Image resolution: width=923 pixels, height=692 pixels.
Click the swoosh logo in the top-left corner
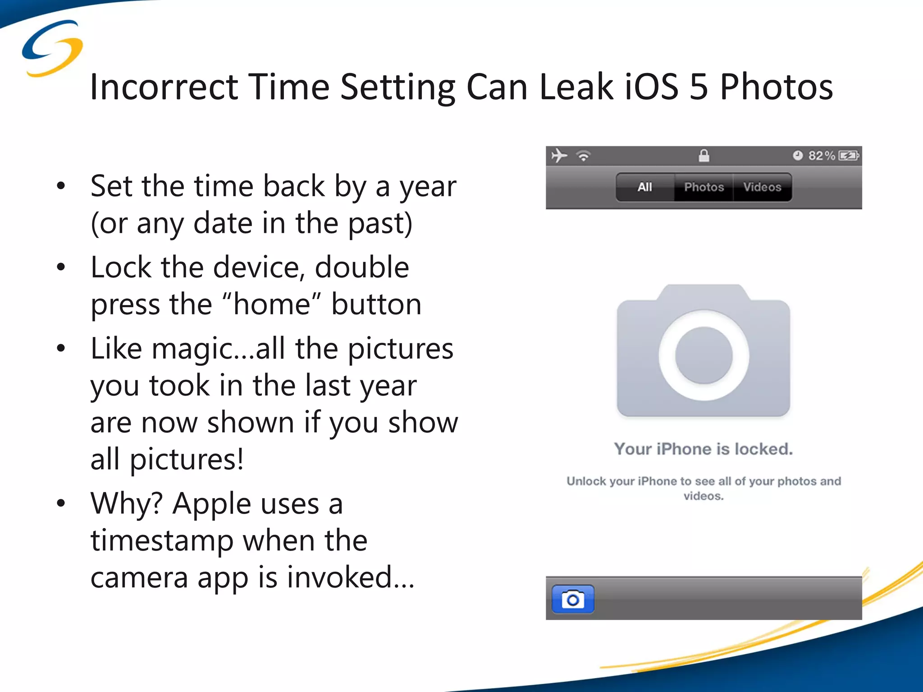(52, 48)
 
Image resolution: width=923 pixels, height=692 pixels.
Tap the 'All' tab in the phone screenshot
(645, 187)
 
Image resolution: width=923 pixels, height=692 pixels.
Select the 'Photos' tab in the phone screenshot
(704, 187)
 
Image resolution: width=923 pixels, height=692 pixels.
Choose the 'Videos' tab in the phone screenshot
(762, 187)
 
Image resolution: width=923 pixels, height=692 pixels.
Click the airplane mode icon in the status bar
(559, 156)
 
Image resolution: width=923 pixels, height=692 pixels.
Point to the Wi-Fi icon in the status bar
(584, 156)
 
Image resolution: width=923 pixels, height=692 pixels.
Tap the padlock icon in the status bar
(704, 156)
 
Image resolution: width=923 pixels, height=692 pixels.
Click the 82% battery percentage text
(821, 156)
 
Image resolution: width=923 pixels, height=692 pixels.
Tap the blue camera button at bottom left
(573, 599)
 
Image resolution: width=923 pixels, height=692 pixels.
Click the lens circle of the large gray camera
(704, 355)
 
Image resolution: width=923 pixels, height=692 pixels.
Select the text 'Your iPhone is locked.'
(703, 449)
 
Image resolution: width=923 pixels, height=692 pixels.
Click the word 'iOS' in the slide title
(652, 86)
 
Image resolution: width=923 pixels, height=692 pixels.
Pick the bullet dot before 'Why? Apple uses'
(61, 504)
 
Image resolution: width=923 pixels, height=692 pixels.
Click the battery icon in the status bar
(848, 156)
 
